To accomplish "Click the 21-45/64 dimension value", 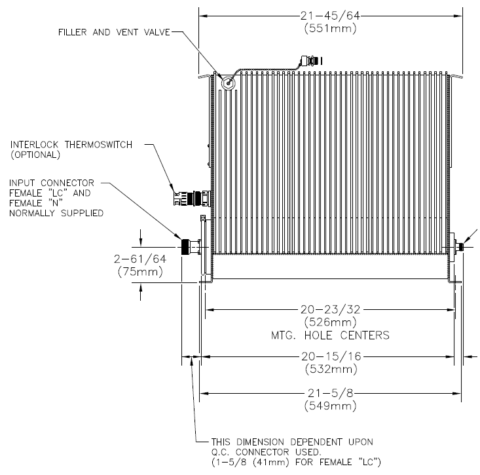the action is tap(330, 16).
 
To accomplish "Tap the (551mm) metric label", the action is tap(330, 28).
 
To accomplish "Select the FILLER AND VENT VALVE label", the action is tap(114, 32).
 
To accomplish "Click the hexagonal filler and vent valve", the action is tap(228, 83).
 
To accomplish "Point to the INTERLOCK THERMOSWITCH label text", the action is tap(71, 145).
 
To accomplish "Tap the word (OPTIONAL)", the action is tap(35, 155).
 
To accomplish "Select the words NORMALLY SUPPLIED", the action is tap(56, 213).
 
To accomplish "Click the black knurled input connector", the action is tap(185, 247).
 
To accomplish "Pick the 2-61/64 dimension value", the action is tap(140, 259).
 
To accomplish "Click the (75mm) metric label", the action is tap(140, 272).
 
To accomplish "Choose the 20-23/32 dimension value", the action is tap(330, 310).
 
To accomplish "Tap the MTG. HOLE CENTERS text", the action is tap(330, 335).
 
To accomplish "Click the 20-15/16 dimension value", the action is tap(331, 356).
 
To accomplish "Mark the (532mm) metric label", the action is tap(331, 369).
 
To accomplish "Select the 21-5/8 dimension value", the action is tap(330, 393).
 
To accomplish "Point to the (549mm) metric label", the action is tap(330, 406).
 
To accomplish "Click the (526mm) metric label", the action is tap(330, 322).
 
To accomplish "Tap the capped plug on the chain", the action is tap(311, 61).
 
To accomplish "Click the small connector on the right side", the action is tap(458, 247).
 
